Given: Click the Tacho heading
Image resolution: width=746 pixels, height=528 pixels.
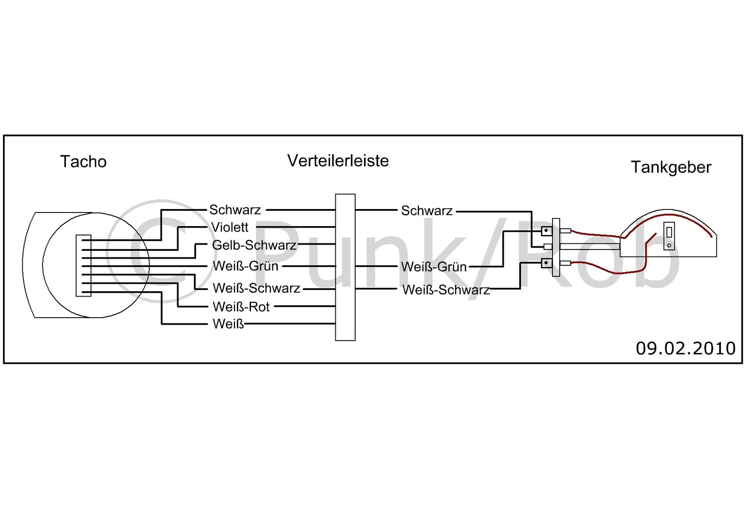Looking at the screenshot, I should pos(83,161).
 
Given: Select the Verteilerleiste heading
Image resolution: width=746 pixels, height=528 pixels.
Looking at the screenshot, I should pos(338,161).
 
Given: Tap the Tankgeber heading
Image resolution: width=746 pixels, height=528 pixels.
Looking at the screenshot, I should pos(671,167).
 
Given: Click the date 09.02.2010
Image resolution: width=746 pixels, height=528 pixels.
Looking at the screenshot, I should pos(685,348).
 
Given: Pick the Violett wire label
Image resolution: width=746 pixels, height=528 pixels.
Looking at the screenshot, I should pos(229,227).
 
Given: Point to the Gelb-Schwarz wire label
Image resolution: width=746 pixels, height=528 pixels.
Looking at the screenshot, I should pos(254,245).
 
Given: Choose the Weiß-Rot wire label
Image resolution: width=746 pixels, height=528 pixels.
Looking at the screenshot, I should pos(241,307).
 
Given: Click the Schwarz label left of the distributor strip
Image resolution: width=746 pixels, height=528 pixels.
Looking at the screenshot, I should pos(235,209).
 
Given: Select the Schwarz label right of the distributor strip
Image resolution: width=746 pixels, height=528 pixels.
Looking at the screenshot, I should pos(426,211).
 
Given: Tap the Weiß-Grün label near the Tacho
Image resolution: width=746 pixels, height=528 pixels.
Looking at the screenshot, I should pos(245,266).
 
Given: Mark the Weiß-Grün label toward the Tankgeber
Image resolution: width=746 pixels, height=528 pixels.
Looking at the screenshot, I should pos(433,267).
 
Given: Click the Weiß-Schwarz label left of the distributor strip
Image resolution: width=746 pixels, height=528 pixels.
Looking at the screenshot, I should pos(256,288).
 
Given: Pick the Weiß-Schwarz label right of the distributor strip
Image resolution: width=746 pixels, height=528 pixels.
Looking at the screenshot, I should pos(446,290).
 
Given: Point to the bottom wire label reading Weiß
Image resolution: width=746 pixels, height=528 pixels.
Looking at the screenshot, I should pos(228,324).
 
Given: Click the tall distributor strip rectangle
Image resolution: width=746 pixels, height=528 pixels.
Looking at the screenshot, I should pos(345,267).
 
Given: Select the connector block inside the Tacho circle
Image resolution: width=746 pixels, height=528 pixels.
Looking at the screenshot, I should pos(84,265).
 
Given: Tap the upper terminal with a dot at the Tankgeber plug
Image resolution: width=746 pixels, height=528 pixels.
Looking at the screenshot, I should pos(546,230).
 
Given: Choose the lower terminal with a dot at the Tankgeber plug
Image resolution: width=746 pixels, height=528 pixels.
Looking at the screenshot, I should pos(546,263).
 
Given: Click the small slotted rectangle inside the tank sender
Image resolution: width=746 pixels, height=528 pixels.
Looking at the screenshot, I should pos(669,236).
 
